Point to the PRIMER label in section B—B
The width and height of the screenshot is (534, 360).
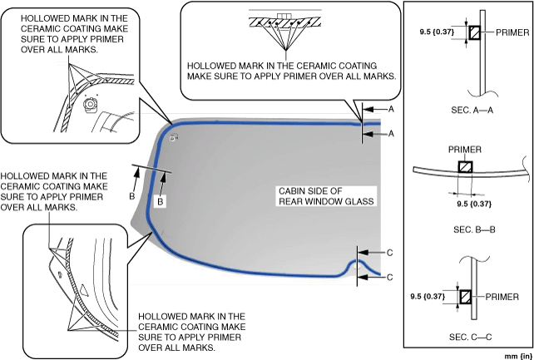coord(465,150)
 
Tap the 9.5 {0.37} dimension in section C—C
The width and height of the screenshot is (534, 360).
coord(428,295)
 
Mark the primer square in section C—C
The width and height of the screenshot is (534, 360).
coord(465,296)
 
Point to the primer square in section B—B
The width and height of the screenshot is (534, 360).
coord(465,166)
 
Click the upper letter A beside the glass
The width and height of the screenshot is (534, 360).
coord(391,109)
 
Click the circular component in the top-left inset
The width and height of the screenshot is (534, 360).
coord(89,104)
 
